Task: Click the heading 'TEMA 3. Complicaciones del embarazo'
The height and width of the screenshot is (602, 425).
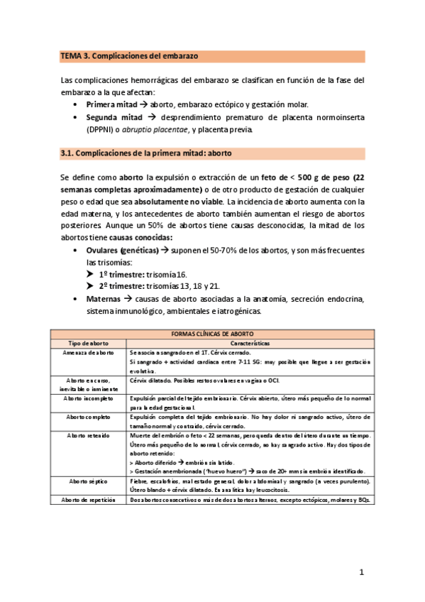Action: click(129, 55)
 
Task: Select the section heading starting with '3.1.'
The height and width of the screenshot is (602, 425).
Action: click(145, 153)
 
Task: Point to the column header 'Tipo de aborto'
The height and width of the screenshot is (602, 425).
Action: click(89, 342)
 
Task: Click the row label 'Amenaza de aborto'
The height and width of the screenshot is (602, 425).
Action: click(89, 352)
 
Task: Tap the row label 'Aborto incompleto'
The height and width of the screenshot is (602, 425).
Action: click(89, 398)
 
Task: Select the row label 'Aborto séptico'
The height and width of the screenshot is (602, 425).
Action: click(89, 461)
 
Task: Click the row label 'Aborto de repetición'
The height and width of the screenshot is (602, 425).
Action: click(89, 481)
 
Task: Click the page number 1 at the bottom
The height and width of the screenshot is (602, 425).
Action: click(361, 571)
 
